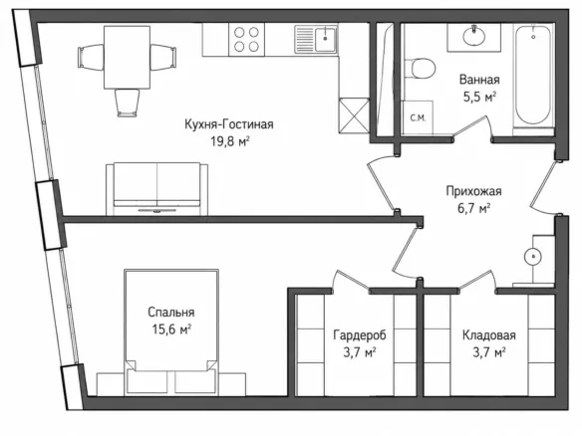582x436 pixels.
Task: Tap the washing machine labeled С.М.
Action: click(418, 117)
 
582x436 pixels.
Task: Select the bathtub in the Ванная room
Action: click(533, 76)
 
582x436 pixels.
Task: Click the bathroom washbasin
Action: click(474, 36)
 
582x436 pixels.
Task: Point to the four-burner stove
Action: click(246, 39)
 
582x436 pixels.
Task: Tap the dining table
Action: click(127, 57)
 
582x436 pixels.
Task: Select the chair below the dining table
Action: click(127, 103)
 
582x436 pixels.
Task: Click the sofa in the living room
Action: click(157, 189)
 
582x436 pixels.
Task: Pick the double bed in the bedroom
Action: click(171, 331)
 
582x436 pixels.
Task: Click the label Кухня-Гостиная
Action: click(229, 124)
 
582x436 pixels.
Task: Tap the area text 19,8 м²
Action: click(230, 141)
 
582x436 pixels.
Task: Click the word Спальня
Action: click(171, 313)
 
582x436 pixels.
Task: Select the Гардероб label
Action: click(360, 335)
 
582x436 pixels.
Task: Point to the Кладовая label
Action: click(489, 335)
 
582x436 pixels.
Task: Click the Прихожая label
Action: click(473, 191)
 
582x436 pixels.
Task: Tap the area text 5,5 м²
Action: click(479, 98)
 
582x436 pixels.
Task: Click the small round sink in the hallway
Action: click(532, 257)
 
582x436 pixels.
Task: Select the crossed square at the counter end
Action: click(354, 115)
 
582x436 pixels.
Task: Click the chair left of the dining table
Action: click(91, 57)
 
